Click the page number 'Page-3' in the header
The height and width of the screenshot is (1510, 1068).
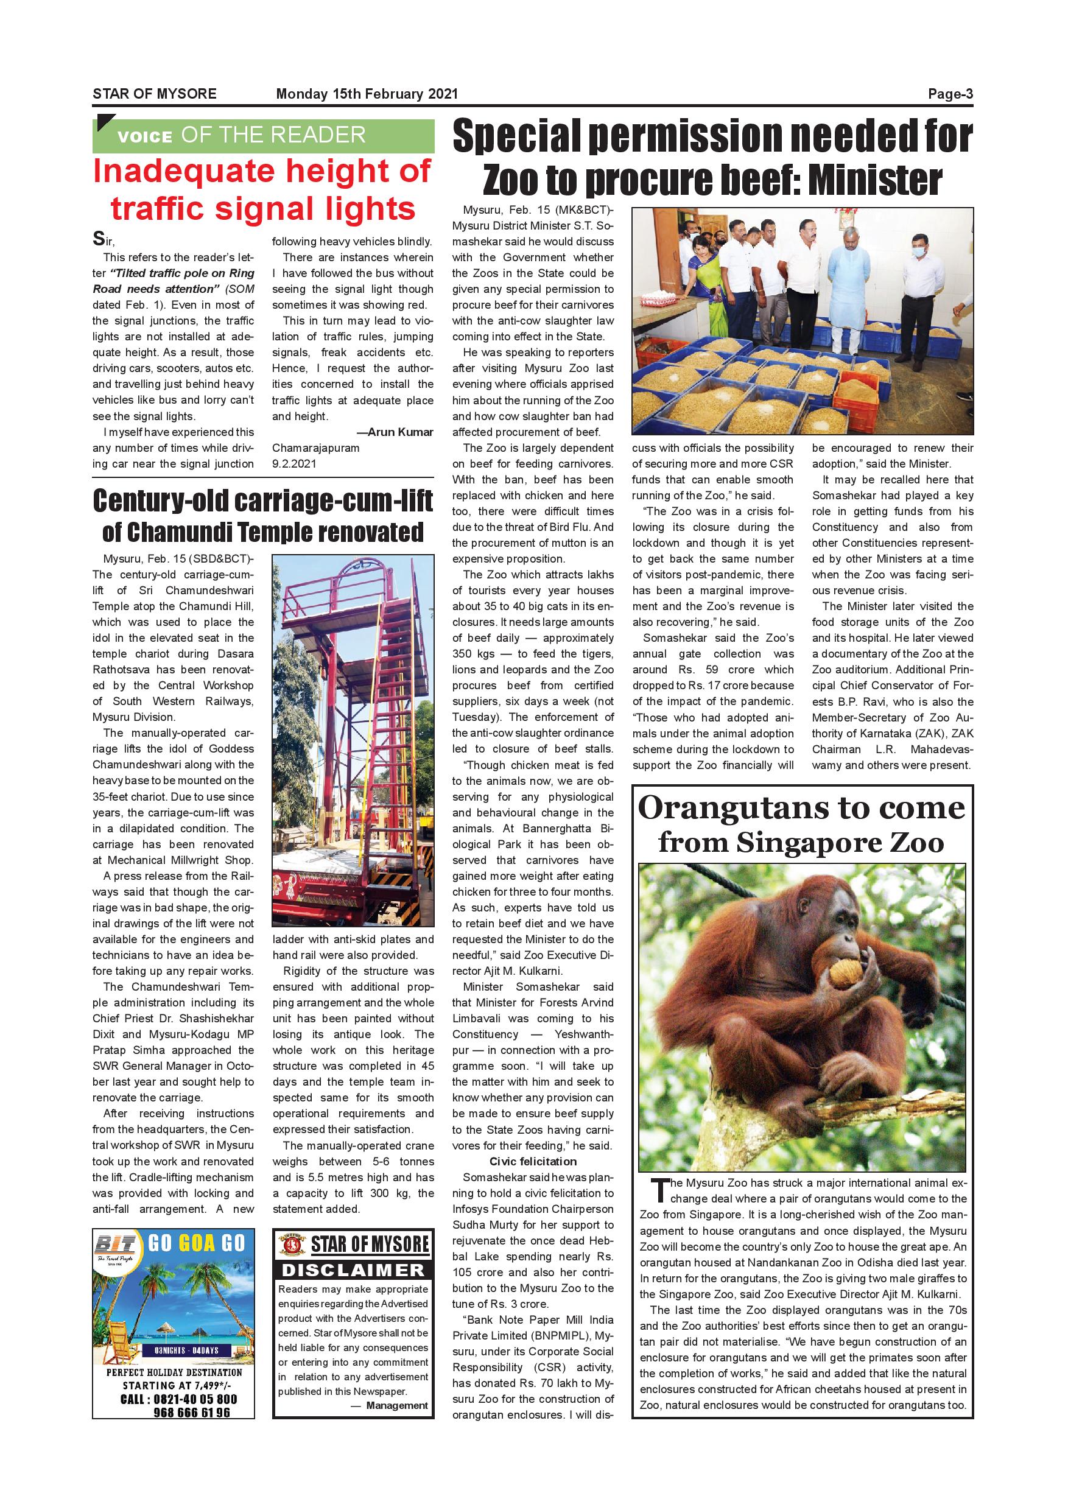(x=950, y=94)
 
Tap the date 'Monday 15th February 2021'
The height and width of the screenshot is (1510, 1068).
(x=367, y=94)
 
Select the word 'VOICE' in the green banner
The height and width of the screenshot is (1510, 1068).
(x=145, y=137)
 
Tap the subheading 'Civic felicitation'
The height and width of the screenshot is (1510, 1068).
(x=533, y=1162)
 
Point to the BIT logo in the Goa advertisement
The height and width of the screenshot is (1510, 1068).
(x=116, y=1245)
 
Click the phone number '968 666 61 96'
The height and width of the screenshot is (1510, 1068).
(x=191, y=1412)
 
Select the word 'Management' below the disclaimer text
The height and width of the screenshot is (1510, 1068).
(x=396, y=1405)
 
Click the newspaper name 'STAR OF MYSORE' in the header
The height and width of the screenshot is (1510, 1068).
(x=155, y=94)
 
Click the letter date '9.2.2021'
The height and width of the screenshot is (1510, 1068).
(x=294, y=463)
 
